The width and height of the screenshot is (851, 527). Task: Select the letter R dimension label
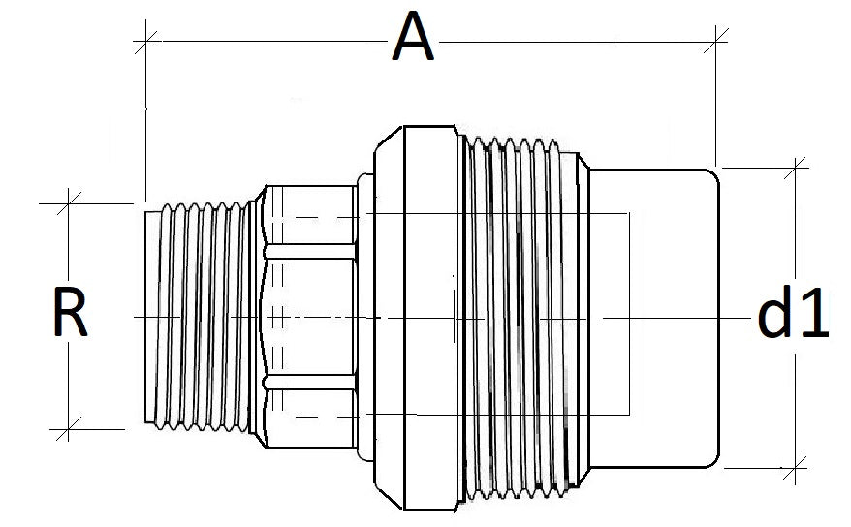click(x=71, y=316)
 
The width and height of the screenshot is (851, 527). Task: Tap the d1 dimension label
click(x=792, y=316)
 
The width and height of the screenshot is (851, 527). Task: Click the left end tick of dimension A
click(x=146, y=41)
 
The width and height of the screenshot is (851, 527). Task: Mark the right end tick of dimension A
click(x=717, y=41)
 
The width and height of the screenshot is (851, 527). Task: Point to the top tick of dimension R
click(x=68, y=204)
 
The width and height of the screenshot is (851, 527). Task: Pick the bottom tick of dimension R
click(x=68, y=428)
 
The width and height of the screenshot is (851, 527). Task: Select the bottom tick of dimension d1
click(x=796, y=470)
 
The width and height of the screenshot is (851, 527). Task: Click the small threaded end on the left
click(x=199, y=315)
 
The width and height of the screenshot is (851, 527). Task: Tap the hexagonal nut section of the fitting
click(x=308, y=315)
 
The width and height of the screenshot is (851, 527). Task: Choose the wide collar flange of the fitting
click(x=412, y=315)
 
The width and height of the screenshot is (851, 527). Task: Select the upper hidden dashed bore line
click(x=465, y=213)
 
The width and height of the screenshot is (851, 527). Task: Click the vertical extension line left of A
click(x=146, y=116)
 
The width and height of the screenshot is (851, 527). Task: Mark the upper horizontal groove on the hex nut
click(x=308, y=251)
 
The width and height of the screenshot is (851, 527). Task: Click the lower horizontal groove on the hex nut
click(x=308, y=381)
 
